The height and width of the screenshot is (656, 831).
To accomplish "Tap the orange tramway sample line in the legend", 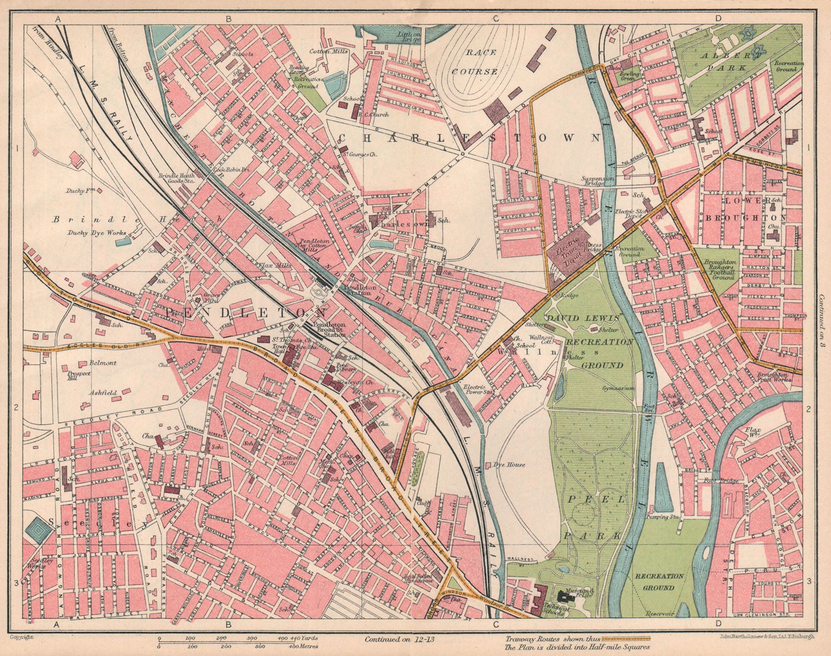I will click(629, 637).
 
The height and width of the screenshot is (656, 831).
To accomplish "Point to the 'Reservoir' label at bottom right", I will click(660, 613).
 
